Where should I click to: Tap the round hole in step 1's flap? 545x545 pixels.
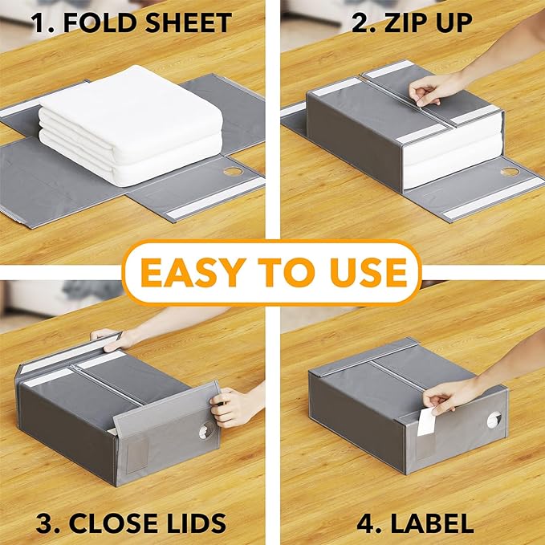tap(233, 171)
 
